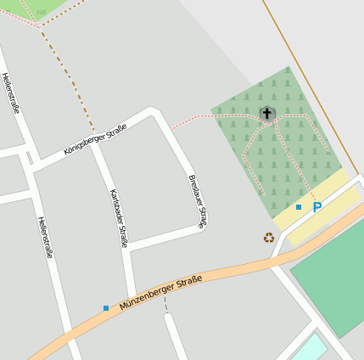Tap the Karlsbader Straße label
point(119,218)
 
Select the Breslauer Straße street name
point(196,201)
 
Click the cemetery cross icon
point(266,113)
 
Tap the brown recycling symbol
point(269,238)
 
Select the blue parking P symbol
point(317,206)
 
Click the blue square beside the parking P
point(299,207)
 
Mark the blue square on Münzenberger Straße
point(106,307)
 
